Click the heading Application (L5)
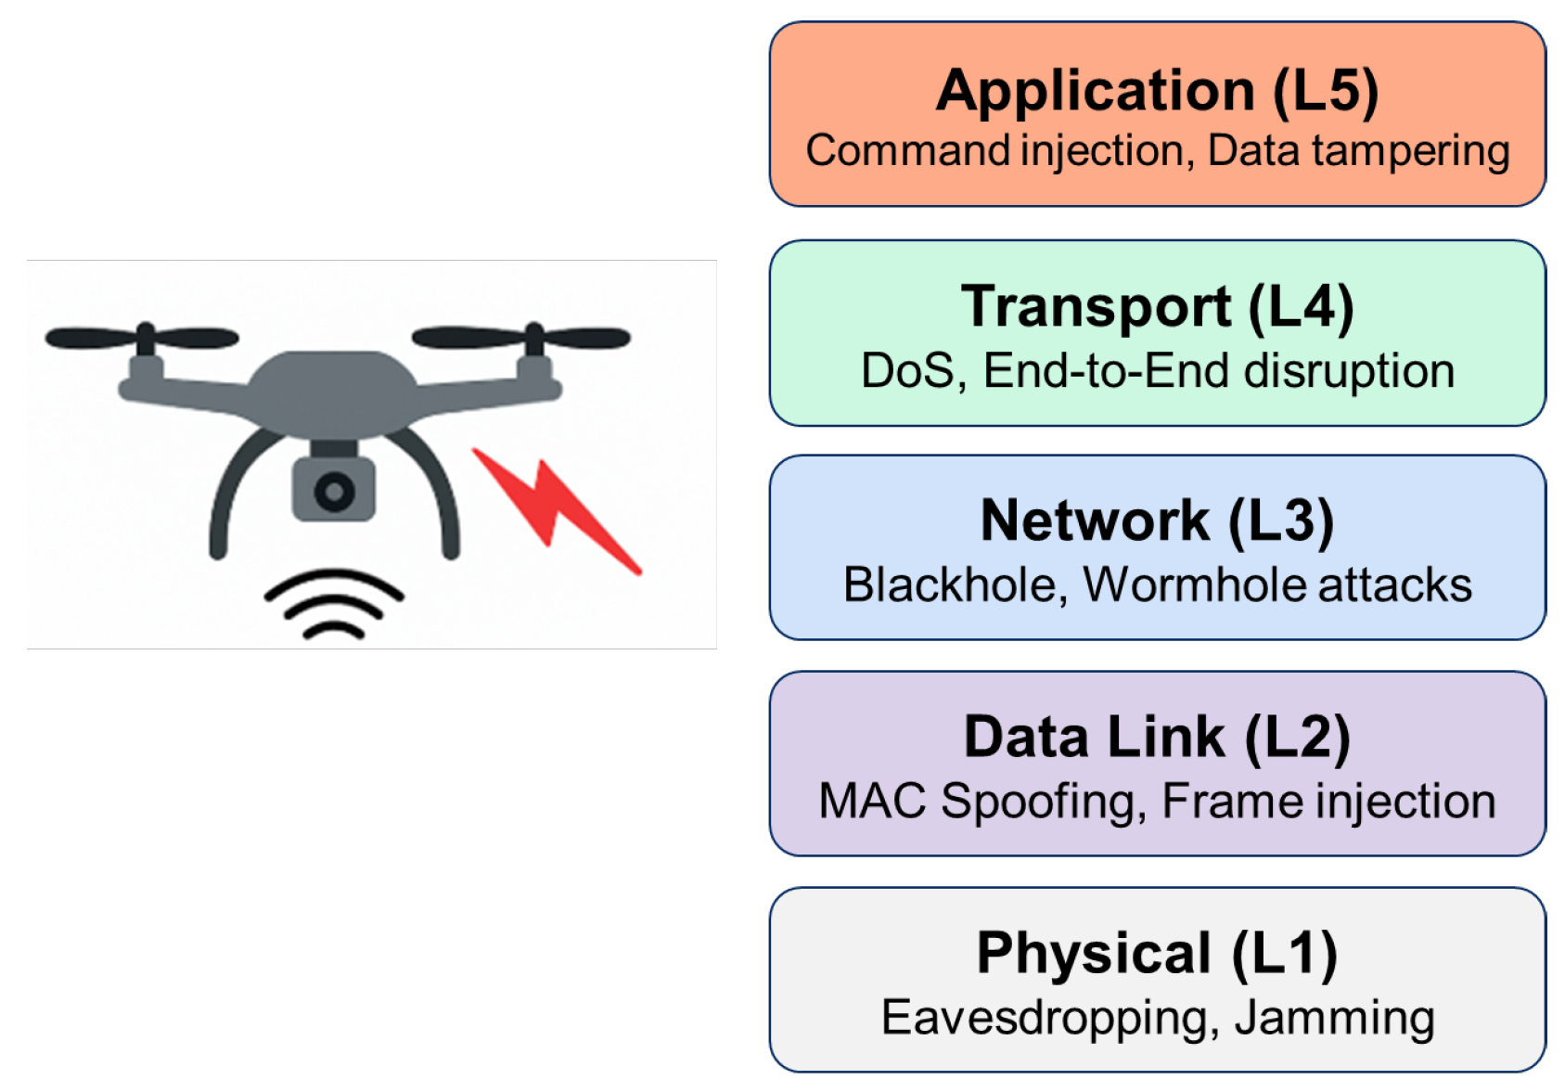pyautogui.click(x=1157, y=90)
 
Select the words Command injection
pyautogui.click(x=994, y=150)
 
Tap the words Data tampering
pyautogui.click(x=1358, y=150)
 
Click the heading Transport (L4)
pyautogui.click(x=1157, y=306)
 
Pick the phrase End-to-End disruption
pyautogui.click(x=1218, y=370)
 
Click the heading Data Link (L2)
pyautogui.click(x=1157, y=737)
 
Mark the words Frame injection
pyautogui.click(x=1328, y=801)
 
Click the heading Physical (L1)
pyautogui.click(x=1157, y=953)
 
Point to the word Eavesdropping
pyautogui.click(x=1045, y=1017)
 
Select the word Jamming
pyautogui.click(x=1334, y=1017)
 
